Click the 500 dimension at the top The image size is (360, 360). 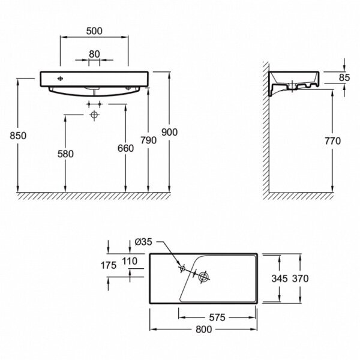coord(94,29)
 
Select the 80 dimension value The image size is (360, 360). coord(94,53)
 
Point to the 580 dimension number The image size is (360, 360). coord(65,154)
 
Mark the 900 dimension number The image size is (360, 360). coord(170,133)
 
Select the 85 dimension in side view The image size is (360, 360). coord(344,77)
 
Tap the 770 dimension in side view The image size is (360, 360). coord(331,141)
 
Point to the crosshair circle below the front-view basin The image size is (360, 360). coord(94,115)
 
